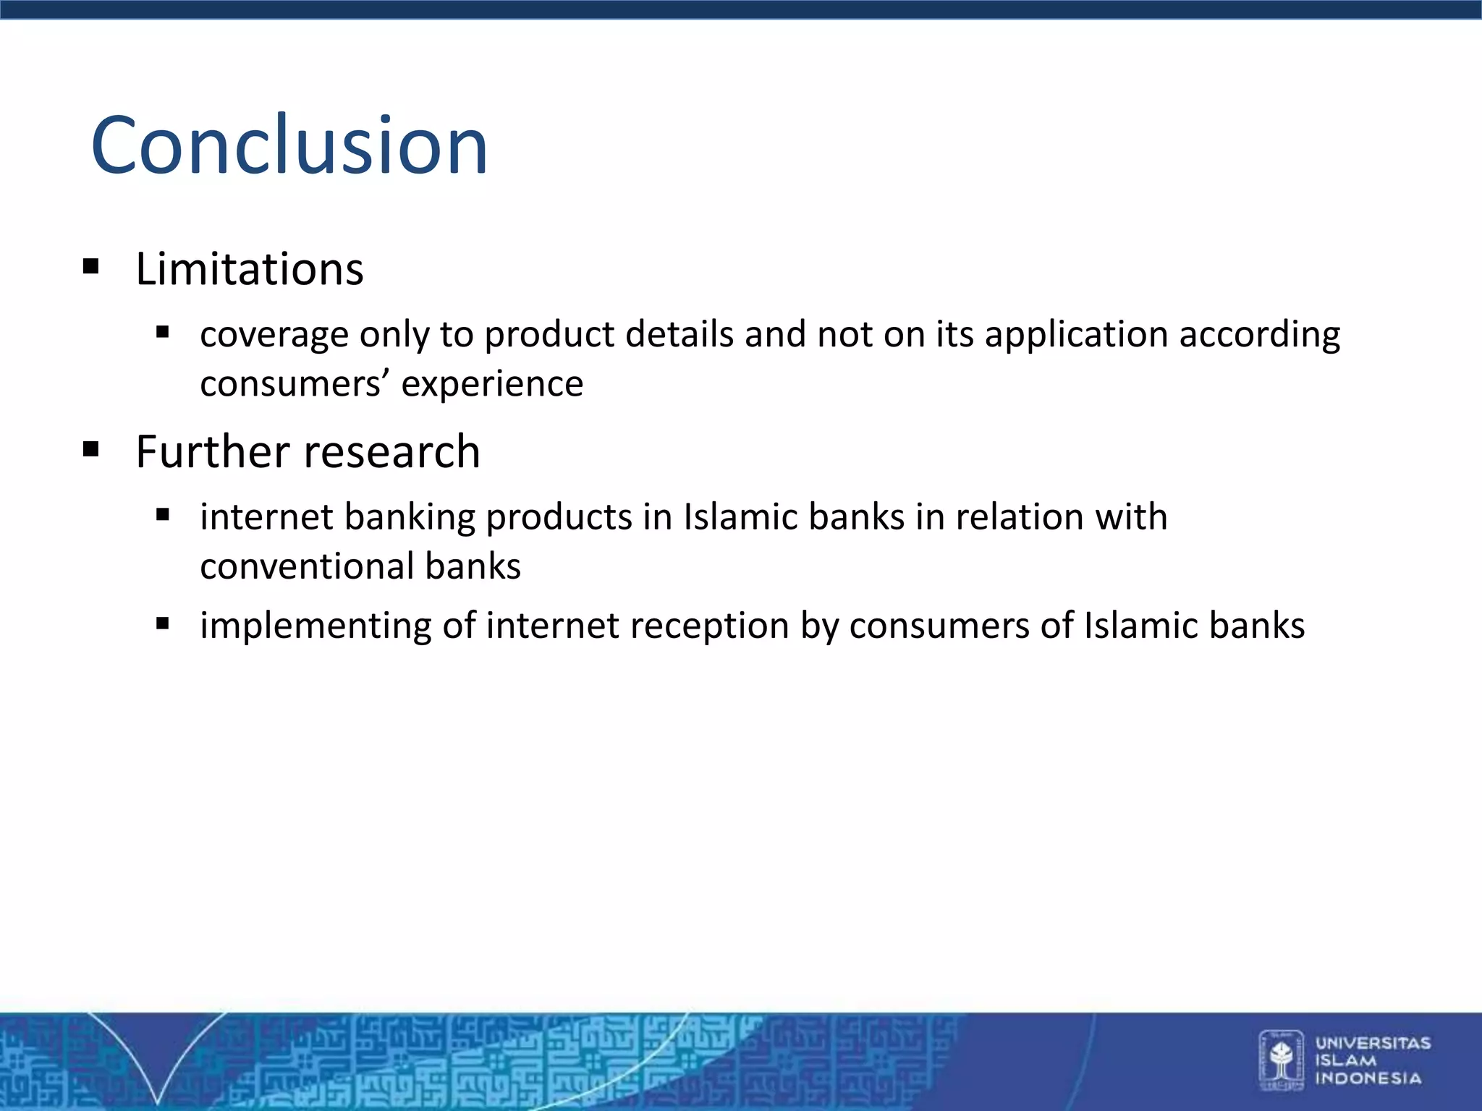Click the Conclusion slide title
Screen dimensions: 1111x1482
pyautogui.click(x=289, y=145)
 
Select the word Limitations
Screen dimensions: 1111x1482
pyautogui.click(x=250, y=269)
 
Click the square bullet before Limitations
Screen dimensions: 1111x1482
pyautogui.click(x=91, y=267)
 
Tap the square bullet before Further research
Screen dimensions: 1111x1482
pyautogui.click(x=91, y=449)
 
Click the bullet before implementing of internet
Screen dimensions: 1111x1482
pyautogui.click(x=163, y=623)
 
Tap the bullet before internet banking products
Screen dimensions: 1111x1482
pyautogui.click(x=163, y=515)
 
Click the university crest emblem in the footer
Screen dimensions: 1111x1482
pyautogui.click(x=1282, y=1060)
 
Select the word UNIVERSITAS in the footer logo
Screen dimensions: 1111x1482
pyautogui.click(x=1373, y=1043)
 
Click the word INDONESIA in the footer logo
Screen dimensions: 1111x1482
pyautogui.click(x=1368, y=1078)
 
